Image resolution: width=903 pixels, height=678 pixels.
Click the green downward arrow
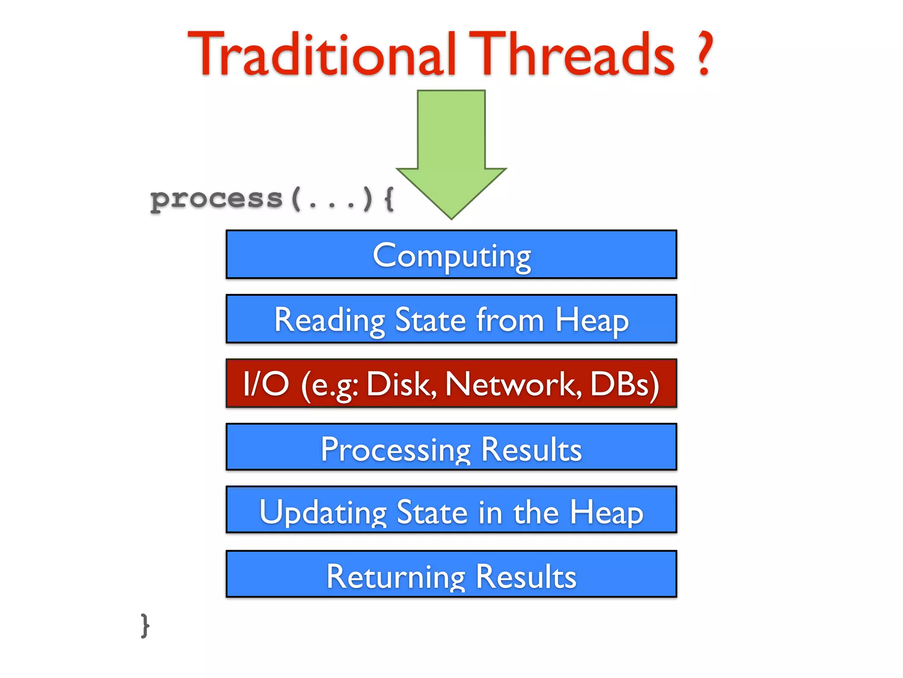[x=451, y=150]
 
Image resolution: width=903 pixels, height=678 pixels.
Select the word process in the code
[x=216, y=200]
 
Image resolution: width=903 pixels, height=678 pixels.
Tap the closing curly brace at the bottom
[x=145, y=625]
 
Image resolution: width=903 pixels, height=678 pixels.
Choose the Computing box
[x=451, y=255]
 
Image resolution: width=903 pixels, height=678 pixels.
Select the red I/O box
[x=451, y=383]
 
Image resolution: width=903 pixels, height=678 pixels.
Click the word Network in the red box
[x=513, y=384]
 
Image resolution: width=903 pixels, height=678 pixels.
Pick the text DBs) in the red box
[x=624, y=384]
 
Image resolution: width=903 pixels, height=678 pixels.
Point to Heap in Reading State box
[x=592, y=320]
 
